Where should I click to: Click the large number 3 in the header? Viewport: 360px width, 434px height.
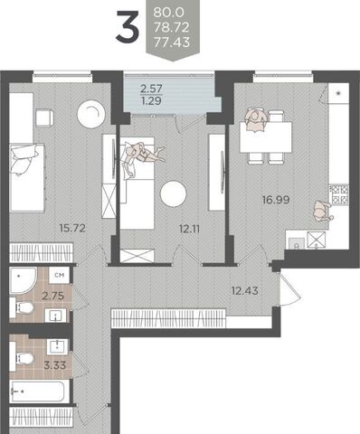pyautogui.click(x=128, y=26)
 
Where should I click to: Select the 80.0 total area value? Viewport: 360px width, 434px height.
pyautogui.click(x=168, y=13)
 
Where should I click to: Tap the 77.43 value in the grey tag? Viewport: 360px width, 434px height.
pyautogui.click(x=172, y=42)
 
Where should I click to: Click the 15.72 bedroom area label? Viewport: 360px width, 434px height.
pyautogui.click(x=72, y=228)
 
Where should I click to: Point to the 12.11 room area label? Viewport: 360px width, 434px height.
pyautogui.click(x=189, y=229)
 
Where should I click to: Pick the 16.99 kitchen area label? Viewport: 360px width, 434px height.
pyautogui.click(x=276, y=200)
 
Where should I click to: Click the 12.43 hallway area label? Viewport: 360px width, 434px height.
pyautogui.click(x=245, y=291)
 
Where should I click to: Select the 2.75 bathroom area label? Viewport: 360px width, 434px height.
pyautogui.click(x=53, y=296)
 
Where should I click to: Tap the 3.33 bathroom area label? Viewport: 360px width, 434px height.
pyautogui.click(x=55, y=365)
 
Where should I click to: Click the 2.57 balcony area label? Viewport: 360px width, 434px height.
pyautogui.click(x=151, y=89)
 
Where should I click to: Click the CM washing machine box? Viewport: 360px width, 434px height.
pyautogui.click(x=60, y=275)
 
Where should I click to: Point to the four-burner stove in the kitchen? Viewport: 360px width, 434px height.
pyautogui.click(x=339, y=194)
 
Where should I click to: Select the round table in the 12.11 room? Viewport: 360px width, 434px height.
pyautogui.click(x=174, y=193)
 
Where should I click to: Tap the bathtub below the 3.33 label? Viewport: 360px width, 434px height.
pyautogui.click(x=37, y=392)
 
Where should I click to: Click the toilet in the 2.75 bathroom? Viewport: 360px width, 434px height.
pyautogui.click(x=22, y=307)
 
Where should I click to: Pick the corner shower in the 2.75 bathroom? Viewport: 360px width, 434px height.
pyautogui.click(x=24, y=280)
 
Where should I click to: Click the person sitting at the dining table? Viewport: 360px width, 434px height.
pyautogui.click(x=256, y=120)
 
